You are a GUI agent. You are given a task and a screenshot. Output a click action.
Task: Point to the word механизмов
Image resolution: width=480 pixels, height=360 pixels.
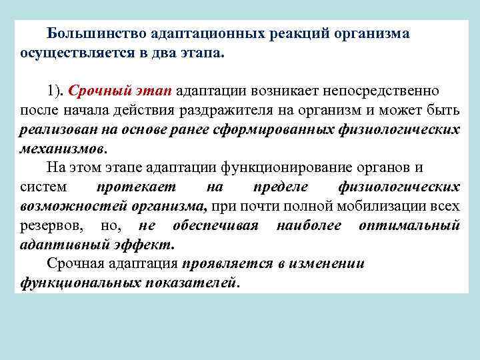63,148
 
